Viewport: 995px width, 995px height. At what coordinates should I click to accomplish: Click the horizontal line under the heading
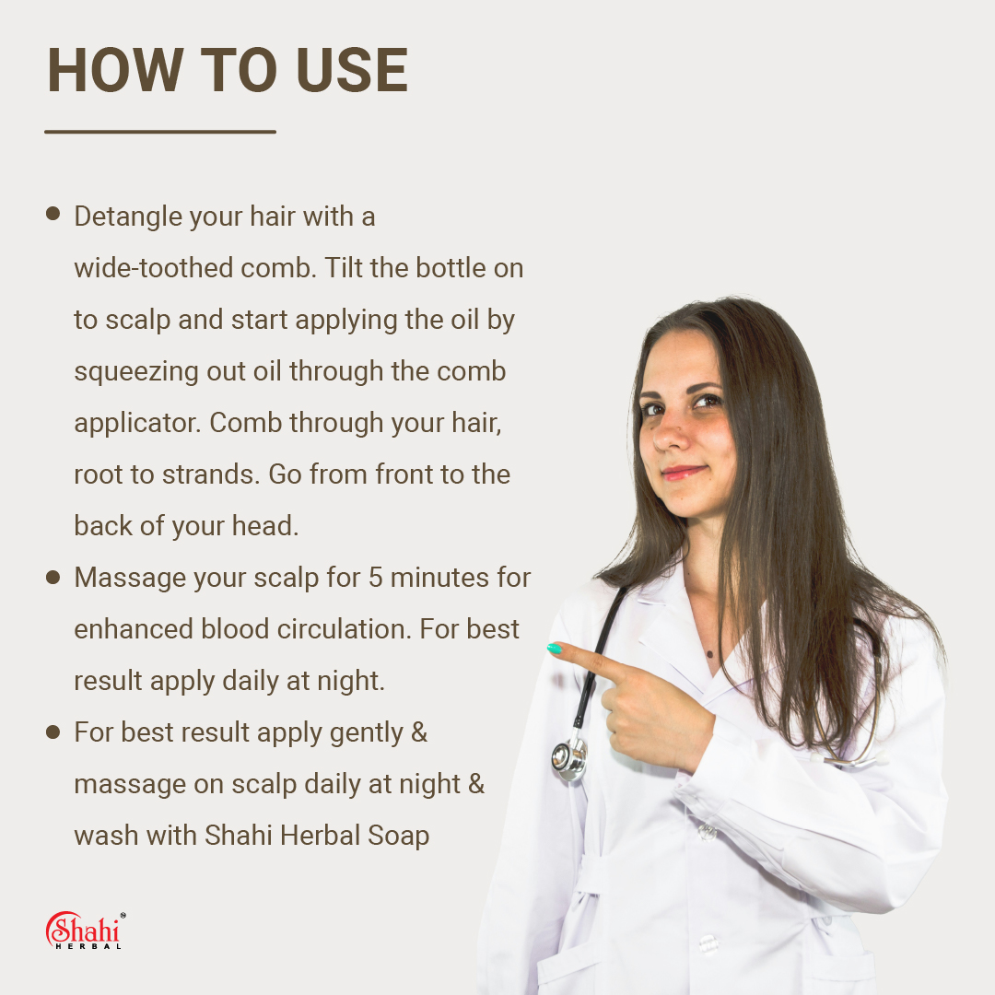160,132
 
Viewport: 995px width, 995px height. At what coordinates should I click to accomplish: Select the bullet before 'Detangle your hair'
53,214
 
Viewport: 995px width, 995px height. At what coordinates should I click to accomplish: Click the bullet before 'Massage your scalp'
53,577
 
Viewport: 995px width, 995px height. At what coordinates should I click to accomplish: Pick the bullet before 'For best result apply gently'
53,732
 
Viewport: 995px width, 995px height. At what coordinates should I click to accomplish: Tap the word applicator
137,423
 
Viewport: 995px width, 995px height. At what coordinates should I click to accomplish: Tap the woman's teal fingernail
555,649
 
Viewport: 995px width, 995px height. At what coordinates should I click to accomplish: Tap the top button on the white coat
707,832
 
